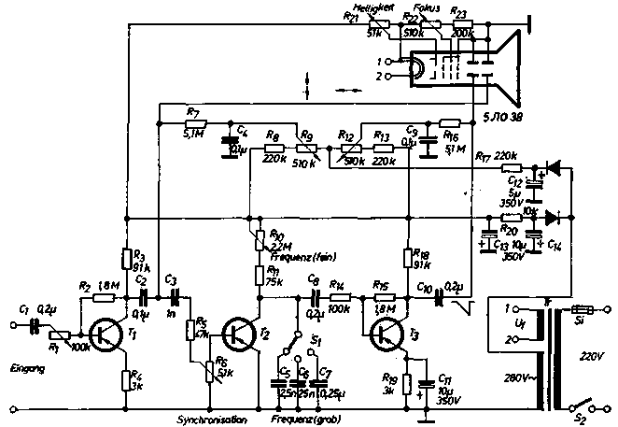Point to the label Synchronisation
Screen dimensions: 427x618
pos(212,420)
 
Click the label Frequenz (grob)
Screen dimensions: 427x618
pos(308,420)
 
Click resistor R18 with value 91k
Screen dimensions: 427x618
pos(408,259)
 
